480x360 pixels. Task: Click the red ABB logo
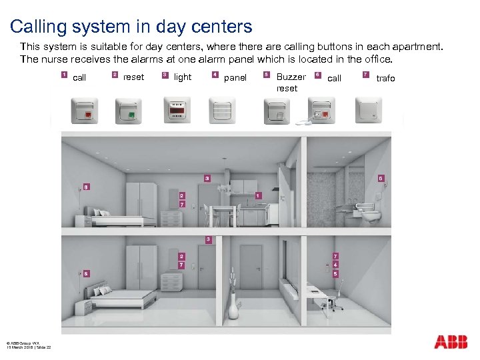coord(451,342)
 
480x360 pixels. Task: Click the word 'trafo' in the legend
coord(385,79)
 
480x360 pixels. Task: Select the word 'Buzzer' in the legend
coord(291,77)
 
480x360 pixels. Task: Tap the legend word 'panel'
coord(235,78)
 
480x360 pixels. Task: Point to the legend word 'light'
coord(182,77)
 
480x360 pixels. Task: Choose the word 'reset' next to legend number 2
coord(133,77)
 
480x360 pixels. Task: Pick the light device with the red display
coord(177,110)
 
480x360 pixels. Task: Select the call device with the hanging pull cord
coord(321,111)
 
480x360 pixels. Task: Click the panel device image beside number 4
coord(222,110)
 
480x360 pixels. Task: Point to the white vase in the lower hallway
coord(233,308)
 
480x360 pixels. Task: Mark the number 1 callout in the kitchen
coord(258,195)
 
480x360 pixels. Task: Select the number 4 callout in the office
coord(335,265)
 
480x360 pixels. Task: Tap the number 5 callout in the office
coord(335,273)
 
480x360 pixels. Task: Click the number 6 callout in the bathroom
coord(381,179)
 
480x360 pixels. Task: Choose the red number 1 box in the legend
coord(63,75)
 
